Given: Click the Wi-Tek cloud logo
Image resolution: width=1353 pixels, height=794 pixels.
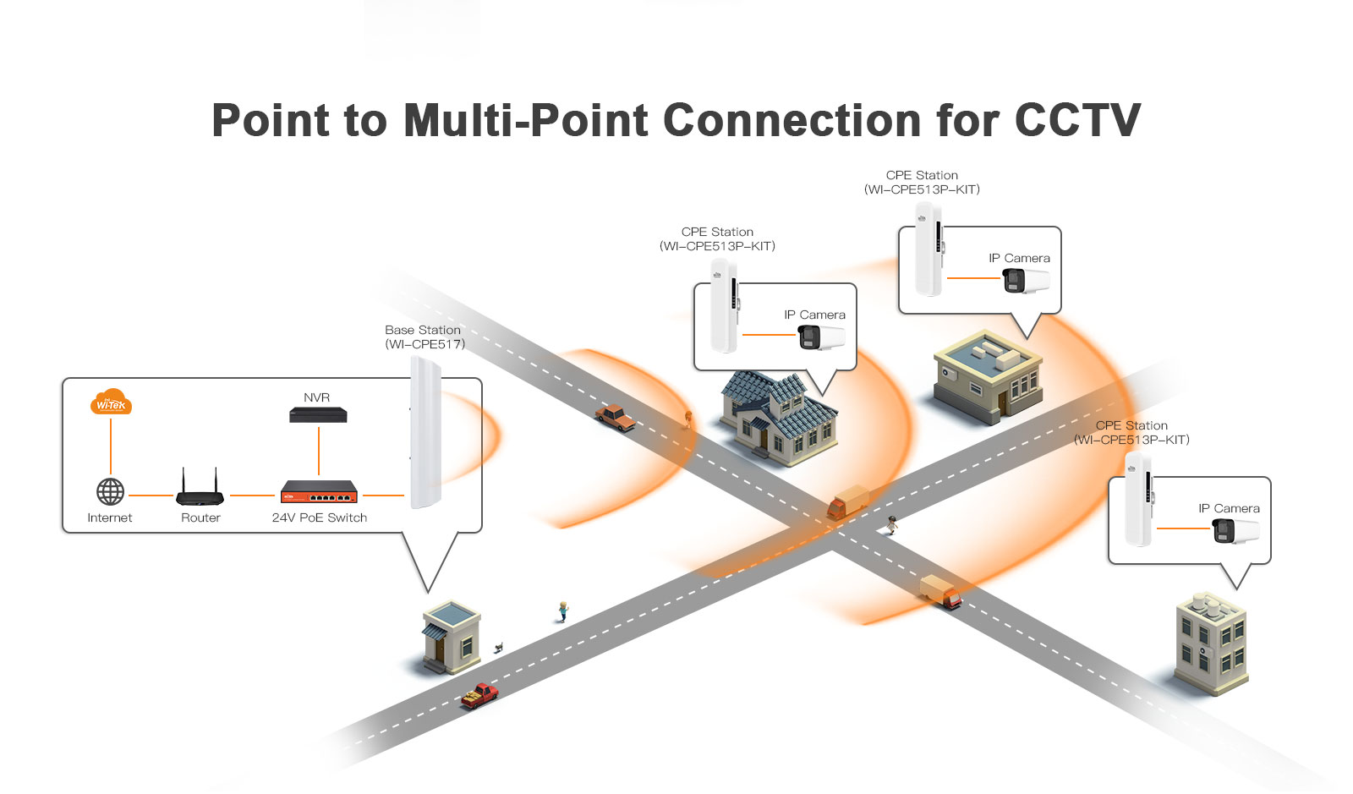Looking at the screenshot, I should (x=111, y=402).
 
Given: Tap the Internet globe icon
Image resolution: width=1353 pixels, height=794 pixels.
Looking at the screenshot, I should (x=111, y=491).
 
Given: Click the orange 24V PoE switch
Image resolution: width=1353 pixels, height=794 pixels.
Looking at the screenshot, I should (x=319, y=491).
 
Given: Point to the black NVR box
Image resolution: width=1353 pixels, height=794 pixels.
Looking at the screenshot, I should (x=318, y=414).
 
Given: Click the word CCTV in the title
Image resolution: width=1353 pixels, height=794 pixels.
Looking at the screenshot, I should (x=1077, y=120).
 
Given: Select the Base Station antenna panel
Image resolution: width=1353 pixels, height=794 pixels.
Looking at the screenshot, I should (x=425, y=432).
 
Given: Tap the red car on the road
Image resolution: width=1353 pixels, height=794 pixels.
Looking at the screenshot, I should (x=479, y=695).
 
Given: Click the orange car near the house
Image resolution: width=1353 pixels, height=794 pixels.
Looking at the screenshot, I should (x=615, y=417).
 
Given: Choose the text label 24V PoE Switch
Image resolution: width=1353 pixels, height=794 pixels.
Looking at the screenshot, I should (x=320, y=517).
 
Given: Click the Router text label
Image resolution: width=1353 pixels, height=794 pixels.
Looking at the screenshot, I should (x=200, y=517).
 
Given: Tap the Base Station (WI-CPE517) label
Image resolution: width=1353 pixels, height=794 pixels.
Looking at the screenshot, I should (x=424, y=337).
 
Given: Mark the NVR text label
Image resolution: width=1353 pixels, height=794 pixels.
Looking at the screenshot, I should (x=317, y=397).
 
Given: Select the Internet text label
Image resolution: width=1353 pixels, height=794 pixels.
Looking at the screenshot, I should (x=110, y=517).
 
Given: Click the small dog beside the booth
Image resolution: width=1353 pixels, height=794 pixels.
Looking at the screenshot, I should (x=499, y=648).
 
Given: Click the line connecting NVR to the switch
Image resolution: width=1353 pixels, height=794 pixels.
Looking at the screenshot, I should (x=319, y=452).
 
